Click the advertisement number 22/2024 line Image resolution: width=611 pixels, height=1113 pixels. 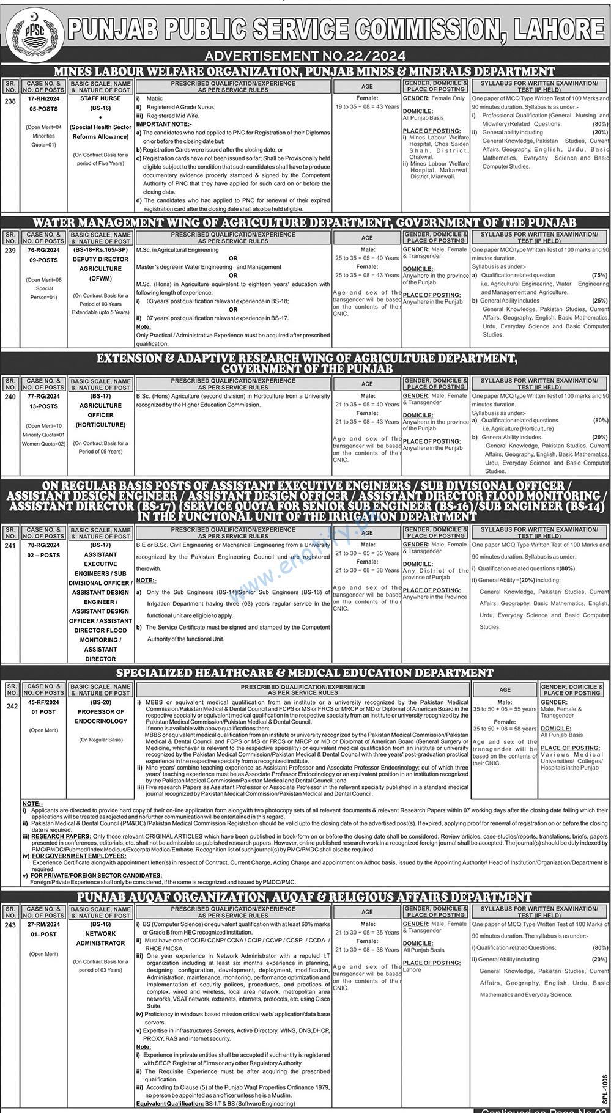point(305,56)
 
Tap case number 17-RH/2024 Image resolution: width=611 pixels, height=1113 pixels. point(43,98)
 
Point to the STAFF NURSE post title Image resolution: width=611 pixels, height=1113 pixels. point(100,98)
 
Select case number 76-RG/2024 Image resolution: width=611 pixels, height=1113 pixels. point(43,250)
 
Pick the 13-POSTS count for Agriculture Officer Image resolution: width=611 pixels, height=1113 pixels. point(43,406)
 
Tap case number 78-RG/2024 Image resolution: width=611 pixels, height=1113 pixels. point(43,545)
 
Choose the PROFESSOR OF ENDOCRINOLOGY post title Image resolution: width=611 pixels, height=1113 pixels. point(100,716)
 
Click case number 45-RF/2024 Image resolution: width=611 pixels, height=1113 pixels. point(43,702)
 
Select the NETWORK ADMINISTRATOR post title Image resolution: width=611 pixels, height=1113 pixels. point(100,938)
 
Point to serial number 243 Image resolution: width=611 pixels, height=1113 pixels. point(10,925)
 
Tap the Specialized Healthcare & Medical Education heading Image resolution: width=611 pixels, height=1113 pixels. point(305,673)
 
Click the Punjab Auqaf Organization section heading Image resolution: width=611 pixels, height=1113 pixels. point(305,897)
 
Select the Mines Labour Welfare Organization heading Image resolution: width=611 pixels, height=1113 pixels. point(304,72)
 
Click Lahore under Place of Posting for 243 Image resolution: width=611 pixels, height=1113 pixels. point(412,970)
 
